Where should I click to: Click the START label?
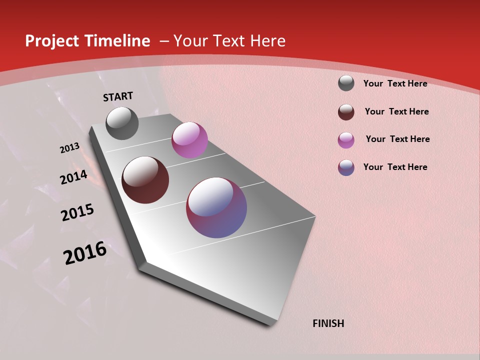pyautogui.click(x=118, y=96)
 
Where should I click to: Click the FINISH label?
pyautogui.click(x=328, y=323)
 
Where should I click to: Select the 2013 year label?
pyautogui.click(x=69, y=148)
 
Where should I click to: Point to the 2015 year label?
pyautogui.click(x=77, y=212)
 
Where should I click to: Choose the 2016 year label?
pyautogui.click(x=85, y=253)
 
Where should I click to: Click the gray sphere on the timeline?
pyautogui.click(x=122, y=123)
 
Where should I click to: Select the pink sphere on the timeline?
pyautogui.click(x=189, y=140)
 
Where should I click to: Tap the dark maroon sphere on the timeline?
pyautogui.click(x=145, y=180)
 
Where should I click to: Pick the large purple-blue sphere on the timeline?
pyautogui.click(x=216, y=207)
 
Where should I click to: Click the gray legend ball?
pyautogui.click(x=346, y=83)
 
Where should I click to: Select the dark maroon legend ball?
pyautogui.click(x=346, y=112)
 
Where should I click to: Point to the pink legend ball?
pyautogui.click(x=346, y=140)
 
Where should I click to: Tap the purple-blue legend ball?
pyautogui.click(x=346, y=167)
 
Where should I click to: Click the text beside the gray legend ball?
pyautogui.click(x=395, y=83)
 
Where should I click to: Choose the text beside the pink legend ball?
pyautogui.click(x=397, y=139)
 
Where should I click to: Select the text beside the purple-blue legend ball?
pyautogui.click(x=395, y=167)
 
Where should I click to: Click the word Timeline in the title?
pyautogui.click(x=117, y=41)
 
